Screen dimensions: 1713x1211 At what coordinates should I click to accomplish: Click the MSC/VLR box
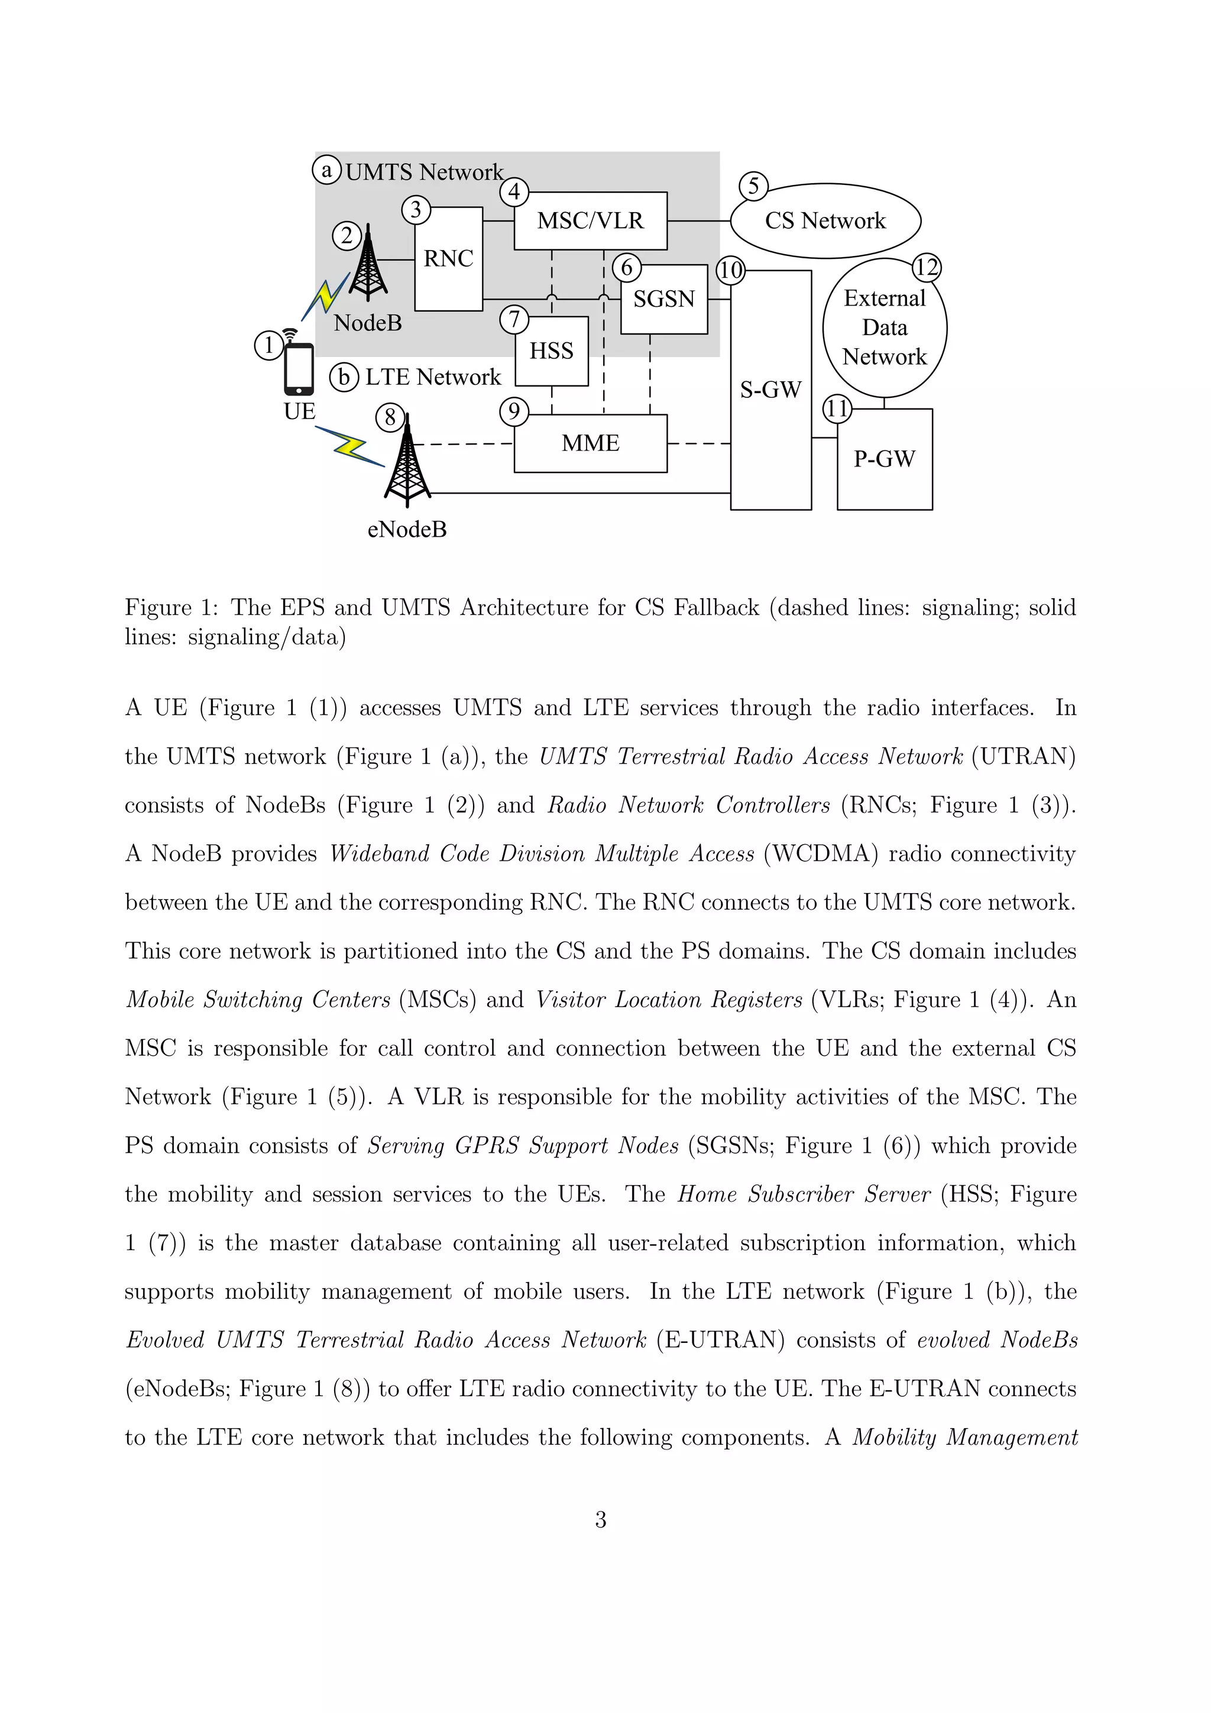pos(590,221)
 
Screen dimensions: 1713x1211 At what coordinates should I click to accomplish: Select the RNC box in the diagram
pos(448,259)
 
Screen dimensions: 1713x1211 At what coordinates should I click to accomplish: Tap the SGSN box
pos(663,299)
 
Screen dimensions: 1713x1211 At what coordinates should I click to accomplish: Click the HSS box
pos(552,351)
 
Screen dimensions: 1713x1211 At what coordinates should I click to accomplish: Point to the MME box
pos(590,443)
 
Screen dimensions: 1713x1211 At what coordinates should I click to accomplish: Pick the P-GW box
pos(884,459)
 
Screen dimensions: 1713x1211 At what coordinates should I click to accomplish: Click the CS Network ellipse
pos(825,221)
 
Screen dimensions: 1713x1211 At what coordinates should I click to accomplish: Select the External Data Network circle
pos(884,327)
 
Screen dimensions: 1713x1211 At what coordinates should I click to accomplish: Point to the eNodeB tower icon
pos(407,461)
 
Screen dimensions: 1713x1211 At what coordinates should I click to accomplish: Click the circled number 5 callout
pos(753,186)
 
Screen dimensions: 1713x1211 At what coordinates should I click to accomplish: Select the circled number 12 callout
pos(926,267)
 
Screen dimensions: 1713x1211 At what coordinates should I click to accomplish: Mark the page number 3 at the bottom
pos(601,1520)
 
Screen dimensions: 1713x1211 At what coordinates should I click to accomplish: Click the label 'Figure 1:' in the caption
pos(171,607)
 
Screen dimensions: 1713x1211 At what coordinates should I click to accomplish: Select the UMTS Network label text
pos(424,173)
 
